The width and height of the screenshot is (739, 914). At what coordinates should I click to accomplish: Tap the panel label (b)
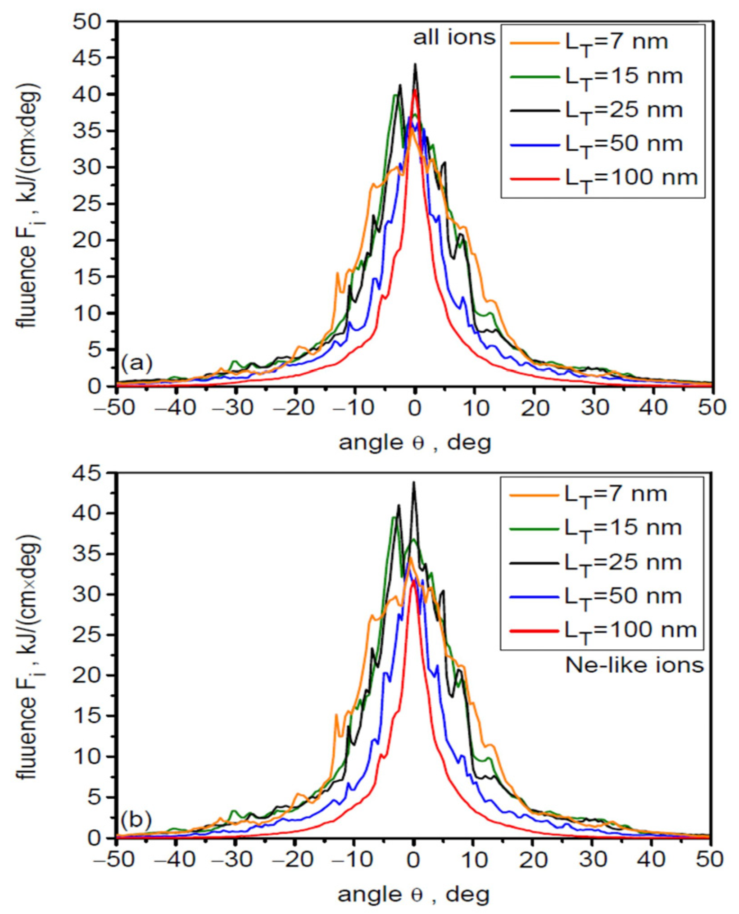[x=136, y=818]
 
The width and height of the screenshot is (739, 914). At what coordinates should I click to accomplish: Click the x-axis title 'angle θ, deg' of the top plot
[x=414, y=443]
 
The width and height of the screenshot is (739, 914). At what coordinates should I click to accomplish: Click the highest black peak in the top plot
[x=415, y=65]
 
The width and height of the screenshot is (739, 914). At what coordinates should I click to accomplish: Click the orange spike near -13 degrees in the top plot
[x=337, y=273]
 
